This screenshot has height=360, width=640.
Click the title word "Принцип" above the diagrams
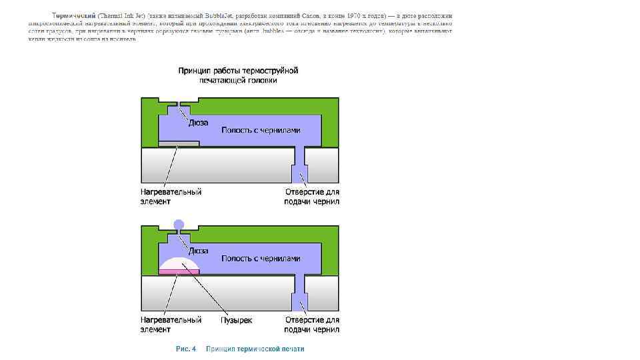coord(194,70)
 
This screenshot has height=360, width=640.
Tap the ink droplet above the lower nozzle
coord(178,225)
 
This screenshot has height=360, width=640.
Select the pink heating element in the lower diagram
coord(179,271)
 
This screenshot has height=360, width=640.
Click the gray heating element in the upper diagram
coord(179,143)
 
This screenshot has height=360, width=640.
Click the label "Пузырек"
coord(237,320)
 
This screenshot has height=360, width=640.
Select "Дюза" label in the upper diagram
coord(198,123)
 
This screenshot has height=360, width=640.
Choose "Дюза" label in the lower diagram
coord(198,251)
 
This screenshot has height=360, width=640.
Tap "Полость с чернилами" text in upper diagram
coord(261,131)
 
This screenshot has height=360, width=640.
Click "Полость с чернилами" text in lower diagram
coord(261,259)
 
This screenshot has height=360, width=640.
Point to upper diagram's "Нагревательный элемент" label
coord(171,196)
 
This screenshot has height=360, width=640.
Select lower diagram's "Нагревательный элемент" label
coord(171,325)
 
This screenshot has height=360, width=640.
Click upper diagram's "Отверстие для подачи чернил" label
coord(311,196)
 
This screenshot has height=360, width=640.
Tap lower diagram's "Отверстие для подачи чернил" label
coord(311,325)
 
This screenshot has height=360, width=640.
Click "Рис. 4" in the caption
coord(185,349)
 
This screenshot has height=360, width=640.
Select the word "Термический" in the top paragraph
coord(73,15)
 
